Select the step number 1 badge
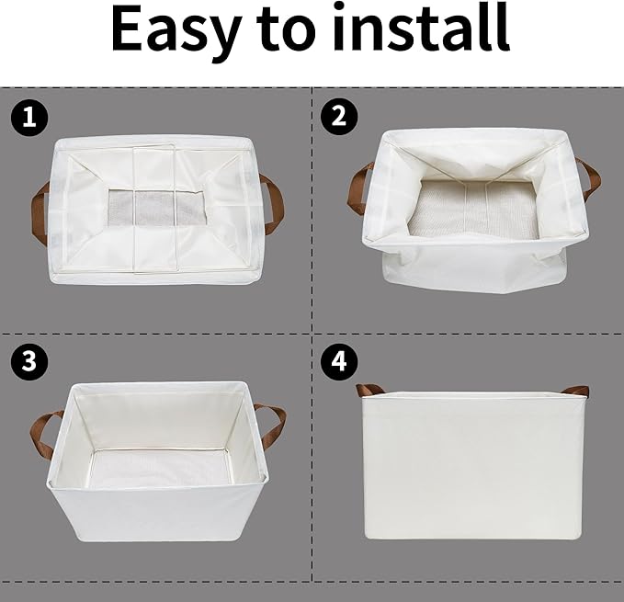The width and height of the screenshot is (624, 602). [x=28, y=117]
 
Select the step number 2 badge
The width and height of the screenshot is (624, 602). [x=338, y=117]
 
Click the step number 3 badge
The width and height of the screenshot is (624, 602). [x=28, y=361]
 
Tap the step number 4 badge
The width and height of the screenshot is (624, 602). [x=338, y=361]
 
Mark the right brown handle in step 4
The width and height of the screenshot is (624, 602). [x=576, y=391]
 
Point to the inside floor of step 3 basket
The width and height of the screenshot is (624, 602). [x=158, y=469]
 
